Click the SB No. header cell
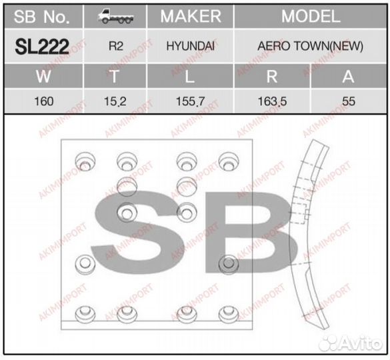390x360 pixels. [x=42, y=17]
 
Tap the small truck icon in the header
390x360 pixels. [x=114, y=17]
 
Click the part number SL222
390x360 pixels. [x=42, y=47]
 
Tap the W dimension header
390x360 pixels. [x=42, y=76]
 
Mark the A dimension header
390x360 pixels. [x=347, y=76]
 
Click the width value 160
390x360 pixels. [x=42, y=102]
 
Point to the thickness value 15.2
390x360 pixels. [x=114, y=102]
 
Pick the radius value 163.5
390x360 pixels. [x=271, y=102]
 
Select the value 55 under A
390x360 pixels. [x=347, y=102]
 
